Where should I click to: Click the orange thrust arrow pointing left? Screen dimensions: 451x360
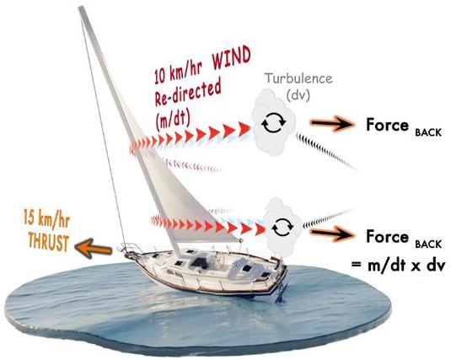click(x=93, y=249)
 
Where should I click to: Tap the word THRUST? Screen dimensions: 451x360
click(x=49, y=242)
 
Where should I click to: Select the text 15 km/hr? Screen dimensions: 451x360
click(x=46, y=218)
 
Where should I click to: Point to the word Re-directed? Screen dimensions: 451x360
click(x=188, y=91)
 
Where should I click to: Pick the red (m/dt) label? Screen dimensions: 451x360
click(x=172, y=119)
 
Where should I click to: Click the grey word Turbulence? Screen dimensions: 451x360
click(x=298, y=78)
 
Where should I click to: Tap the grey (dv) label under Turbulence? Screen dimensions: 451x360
click(x=298, y=96)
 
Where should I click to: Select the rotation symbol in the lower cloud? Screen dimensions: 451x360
click(x=282, y=227)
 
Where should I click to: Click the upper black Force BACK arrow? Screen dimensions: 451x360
click(x=332, y=123)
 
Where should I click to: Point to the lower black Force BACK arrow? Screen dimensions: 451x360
click(x=332, y=234)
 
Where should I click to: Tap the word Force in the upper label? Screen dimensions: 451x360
click(x=387, y=125)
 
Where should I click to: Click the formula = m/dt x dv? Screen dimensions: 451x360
click(x=399, y=265)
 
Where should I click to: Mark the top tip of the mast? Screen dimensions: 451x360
click(x=82, y=8)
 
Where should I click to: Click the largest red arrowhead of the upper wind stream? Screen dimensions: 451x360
click(x=244, y=128)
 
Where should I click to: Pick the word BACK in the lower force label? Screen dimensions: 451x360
click(x=428, y=244)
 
